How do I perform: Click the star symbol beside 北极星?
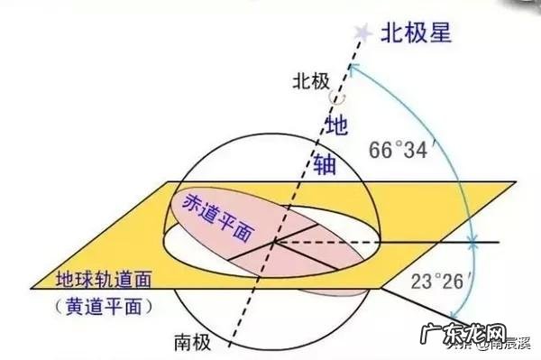point(362,32)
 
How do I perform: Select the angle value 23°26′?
point(433,281)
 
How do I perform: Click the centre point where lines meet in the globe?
point(274,242)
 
